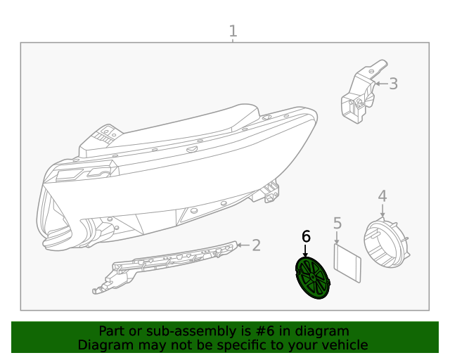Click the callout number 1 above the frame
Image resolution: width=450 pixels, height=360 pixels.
coord(233,31)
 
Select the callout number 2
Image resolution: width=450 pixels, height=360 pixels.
coord(257,245)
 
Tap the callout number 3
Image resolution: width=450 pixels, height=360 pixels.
coord(393,84)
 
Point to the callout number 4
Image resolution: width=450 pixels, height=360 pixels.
coord(382,195)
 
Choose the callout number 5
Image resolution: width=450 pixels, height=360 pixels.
coord(337,223)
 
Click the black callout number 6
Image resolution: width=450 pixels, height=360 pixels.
coord(306,236)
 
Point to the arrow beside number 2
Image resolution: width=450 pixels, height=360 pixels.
coord(243,245)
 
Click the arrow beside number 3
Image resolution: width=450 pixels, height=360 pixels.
coord(380,84)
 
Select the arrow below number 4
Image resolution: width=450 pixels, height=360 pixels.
coord(382,210)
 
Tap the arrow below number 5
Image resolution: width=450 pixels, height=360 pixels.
coord(337,238)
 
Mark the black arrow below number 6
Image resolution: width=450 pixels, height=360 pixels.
coord(305,250)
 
